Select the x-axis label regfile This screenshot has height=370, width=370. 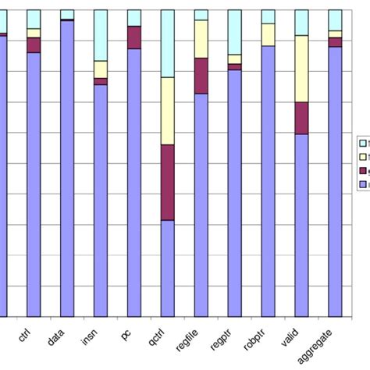[190, 342]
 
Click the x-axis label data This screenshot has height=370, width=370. [57, 338]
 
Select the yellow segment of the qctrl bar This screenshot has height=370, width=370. [167, 111]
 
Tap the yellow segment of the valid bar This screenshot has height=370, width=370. [301, 69]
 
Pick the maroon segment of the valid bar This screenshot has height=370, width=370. [301, 118]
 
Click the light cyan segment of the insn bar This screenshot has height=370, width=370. [101, 35]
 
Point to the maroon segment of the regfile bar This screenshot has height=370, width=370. [201, 76]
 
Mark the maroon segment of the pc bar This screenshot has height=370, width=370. [134, 37]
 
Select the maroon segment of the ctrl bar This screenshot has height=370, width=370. [34, 45]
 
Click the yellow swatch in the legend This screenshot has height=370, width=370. [363, 156]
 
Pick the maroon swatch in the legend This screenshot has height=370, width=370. [363, 170]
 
